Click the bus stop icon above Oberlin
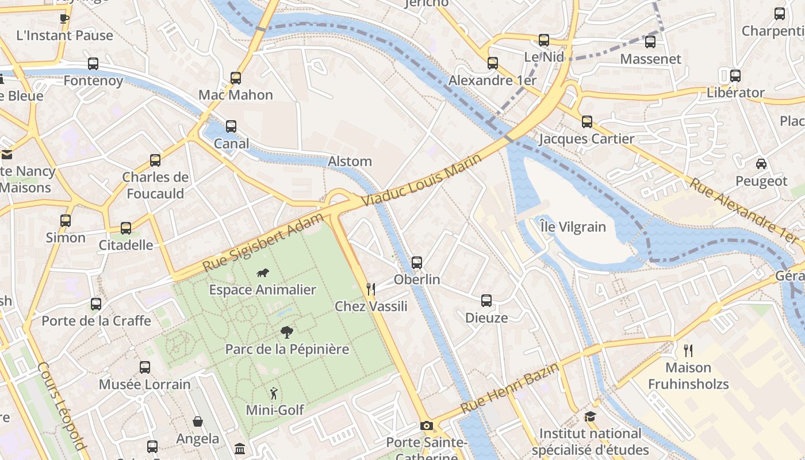417,263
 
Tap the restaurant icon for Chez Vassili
371,289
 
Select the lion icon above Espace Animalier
263,273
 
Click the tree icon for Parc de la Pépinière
286,332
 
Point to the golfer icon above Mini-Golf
274,393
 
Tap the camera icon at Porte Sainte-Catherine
426,425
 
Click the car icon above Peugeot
761,164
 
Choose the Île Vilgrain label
573,227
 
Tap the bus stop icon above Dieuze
486,301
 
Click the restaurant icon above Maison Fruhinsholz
688,350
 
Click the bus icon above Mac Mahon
236,78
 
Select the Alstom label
350,162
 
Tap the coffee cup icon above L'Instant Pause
64,18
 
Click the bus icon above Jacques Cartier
586,122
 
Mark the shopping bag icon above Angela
198,421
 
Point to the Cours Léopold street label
62,406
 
